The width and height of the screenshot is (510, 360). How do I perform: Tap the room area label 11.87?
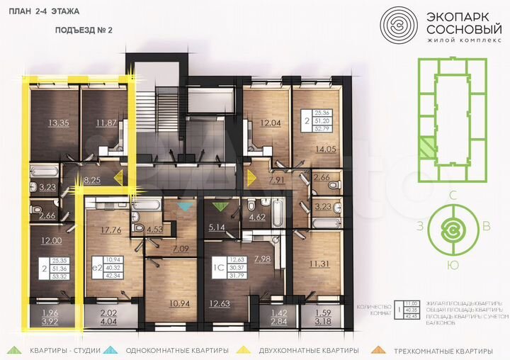coord(107,123)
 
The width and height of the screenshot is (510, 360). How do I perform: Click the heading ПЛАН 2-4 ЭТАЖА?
coord(44,12)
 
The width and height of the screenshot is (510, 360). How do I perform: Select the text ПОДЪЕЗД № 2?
coord(84,30)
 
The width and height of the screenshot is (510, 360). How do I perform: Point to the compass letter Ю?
coord(452,266)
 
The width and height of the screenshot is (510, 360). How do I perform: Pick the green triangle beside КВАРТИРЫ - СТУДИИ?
coord(13,350)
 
